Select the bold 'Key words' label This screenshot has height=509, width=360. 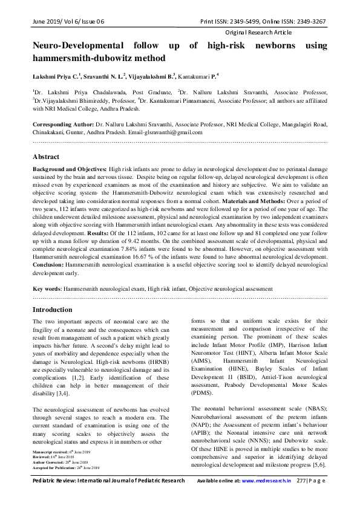[x=46, y=290]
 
